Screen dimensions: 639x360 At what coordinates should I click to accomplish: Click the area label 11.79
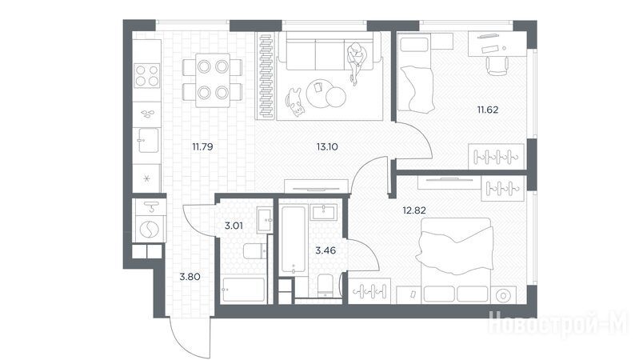[x=202, y=146]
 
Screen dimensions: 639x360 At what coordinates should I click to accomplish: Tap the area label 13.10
[x=327, y=146]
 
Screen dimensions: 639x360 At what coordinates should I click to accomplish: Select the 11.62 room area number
[x=488, y=110]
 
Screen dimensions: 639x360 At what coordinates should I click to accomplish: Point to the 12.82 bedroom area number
[x=414, y=210]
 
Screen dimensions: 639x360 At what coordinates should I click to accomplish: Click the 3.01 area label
[x=234, y=226]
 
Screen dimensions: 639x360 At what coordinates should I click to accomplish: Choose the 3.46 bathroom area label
[x=325, y=250]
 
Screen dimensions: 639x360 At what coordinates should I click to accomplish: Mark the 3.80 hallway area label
[x=190, y=277]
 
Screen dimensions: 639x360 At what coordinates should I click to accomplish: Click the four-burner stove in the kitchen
[x=147, y=75]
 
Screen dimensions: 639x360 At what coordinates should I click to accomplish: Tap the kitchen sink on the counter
[x=147, y=140]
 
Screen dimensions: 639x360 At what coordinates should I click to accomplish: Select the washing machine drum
[x=150, y=229]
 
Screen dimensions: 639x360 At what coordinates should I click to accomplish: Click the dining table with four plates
[x=213, y=80]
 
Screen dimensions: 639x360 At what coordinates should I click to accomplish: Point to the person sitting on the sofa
[x=356, y=61]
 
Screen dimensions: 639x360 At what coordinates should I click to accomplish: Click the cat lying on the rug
[x=294, y=102]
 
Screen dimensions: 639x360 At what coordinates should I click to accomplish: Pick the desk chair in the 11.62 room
[x=497, y=66]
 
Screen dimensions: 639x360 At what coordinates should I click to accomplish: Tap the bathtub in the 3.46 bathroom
[x=294, y=240]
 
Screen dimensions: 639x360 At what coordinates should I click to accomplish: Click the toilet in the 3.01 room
[x=255, y=250]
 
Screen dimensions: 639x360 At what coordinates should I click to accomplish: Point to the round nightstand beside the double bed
[x=503, y=295]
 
